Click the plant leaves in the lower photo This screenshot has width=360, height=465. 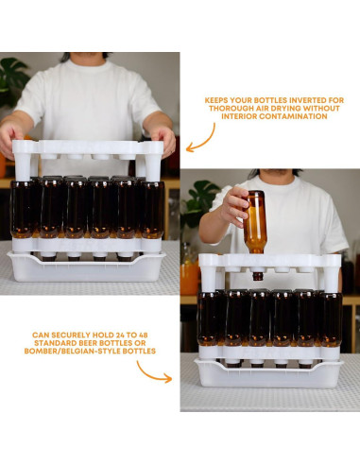pyautogui.click(x=201, y=199)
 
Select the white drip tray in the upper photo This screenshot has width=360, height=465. pyautogui.click(x=85, y=267)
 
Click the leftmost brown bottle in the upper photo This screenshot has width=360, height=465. pyautogui.click(x=22, y=210)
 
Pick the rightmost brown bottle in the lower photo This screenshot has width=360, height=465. pyautogui.click(x=330, y=319)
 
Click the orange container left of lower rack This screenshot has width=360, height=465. pyautogui.click(x=189, y=275)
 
